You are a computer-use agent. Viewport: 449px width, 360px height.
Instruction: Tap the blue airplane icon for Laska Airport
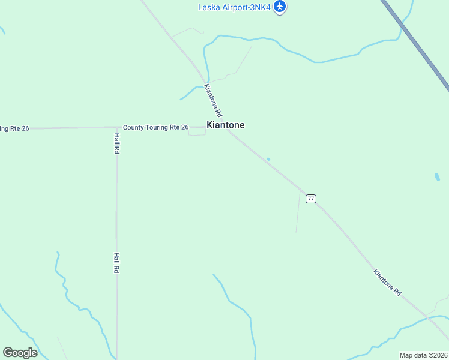pos(280,7)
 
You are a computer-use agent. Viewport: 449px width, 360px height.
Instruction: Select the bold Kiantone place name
pos(225,125)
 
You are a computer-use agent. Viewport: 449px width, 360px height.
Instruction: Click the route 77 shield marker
pos(310,199)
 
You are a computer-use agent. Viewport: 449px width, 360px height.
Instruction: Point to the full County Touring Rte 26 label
pos(156,127)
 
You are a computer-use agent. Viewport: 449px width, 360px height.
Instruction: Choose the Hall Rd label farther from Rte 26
pos(116,263)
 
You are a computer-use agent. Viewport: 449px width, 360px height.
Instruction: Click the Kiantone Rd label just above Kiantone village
pos(213,100)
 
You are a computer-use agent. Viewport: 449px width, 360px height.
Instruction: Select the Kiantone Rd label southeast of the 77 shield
pos(387,282)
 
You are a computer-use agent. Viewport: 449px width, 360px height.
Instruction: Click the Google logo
pos(20,353)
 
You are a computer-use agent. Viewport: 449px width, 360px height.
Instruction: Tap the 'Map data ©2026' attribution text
pos(423,355)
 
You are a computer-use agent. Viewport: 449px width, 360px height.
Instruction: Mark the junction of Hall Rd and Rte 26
pos(116,127)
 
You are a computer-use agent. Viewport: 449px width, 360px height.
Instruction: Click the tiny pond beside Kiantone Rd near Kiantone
pos(268,159)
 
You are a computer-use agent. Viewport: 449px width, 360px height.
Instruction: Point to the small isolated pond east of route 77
pos(437,178)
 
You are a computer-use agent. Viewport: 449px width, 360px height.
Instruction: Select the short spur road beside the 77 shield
pos(298,213)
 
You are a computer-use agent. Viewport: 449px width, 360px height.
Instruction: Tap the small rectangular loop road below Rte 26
pos(197,131)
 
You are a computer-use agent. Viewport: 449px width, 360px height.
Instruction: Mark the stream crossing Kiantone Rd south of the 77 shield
pos(427,316)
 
